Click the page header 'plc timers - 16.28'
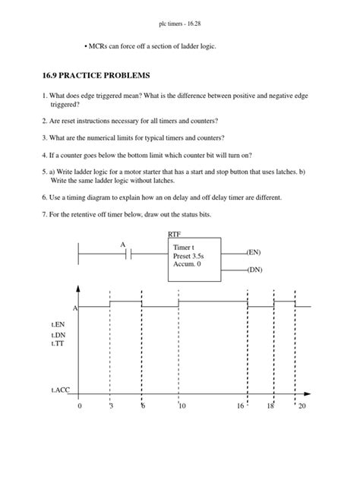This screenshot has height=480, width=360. [179, 17]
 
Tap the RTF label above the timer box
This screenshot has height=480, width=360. [175, 235]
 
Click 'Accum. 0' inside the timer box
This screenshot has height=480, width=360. [188, 267]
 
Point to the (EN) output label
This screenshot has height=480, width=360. [254, 251]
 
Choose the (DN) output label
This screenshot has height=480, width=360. [254, 269]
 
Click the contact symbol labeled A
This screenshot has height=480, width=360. [130, 254]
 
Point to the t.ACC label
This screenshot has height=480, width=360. [61, 393]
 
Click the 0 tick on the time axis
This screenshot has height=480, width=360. [79, 407]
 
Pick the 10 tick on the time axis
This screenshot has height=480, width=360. [182, 407]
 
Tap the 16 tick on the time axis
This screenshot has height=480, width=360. [240, 407]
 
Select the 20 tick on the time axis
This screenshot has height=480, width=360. [302, 407]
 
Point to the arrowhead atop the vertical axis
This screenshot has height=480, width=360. [79, 289]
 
